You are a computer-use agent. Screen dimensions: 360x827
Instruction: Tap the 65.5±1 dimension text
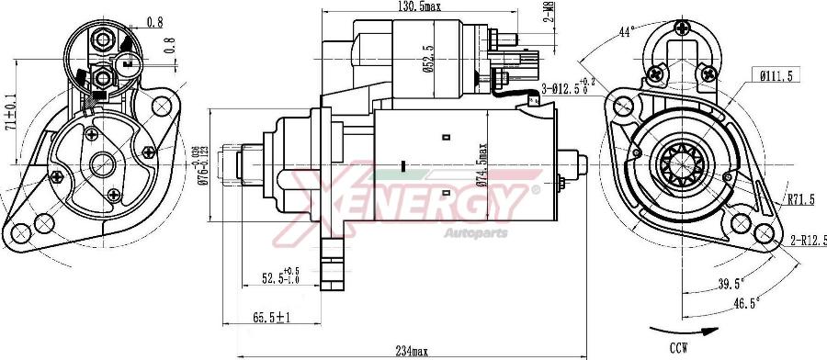[272, 318]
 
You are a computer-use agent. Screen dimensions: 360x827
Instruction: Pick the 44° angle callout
[627, 32]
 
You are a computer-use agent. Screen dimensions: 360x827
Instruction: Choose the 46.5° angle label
[746, 301]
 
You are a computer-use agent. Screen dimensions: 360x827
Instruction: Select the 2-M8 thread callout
[548, 13]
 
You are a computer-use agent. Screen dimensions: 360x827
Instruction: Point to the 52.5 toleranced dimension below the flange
[280, 276]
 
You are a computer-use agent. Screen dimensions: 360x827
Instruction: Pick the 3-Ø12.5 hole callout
[566, 89]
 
